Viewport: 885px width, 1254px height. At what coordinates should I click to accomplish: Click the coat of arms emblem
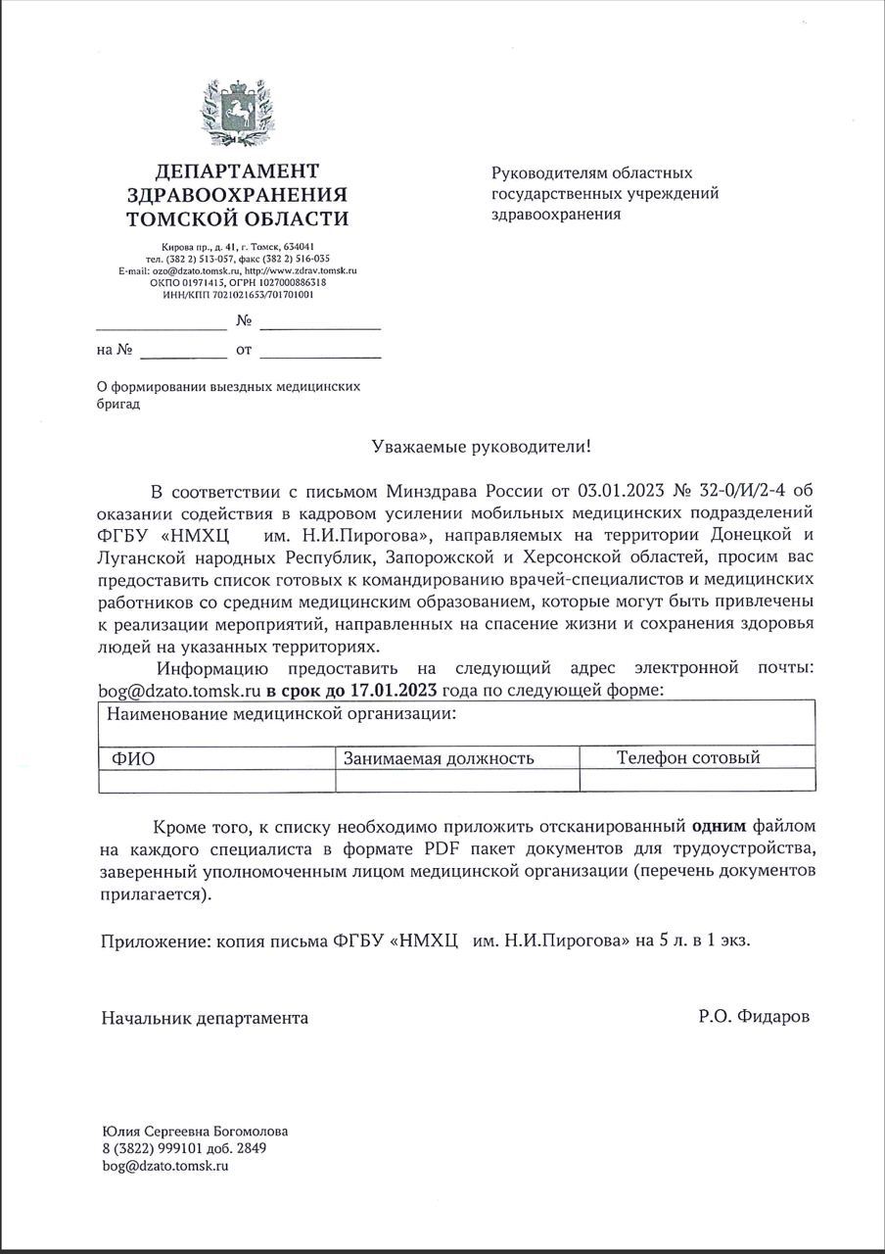[x=237, y=115]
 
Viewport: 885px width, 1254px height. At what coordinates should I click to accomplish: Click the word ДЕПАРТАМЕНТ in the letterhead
[x=237, y=171]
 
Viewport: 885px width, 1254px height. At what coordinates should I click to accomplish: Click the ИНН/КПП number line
[x=238, y=293]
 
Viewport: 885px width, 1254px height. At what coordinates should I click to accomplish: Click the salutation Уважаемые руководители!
[x=482, y=447]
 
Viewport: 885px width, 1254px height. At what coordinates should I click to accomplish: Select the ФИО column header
[x=133, y=758]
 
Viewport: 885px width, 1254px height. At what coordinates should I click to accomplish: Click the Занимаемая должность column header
[x=439, y=758]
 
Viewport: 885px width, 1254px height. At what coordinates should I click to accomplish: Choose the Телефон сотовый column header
[x=688, y=757]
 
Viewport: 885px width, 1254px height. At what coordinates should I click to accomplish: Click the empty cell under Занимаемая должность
[x=456, y=780]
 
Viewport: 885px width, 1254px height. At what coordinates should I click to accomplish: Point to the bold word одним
[x=720, y=825]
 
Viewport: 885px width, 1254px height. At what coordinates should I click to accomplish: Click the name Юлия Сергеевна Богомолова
[x=195, y=1131]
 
